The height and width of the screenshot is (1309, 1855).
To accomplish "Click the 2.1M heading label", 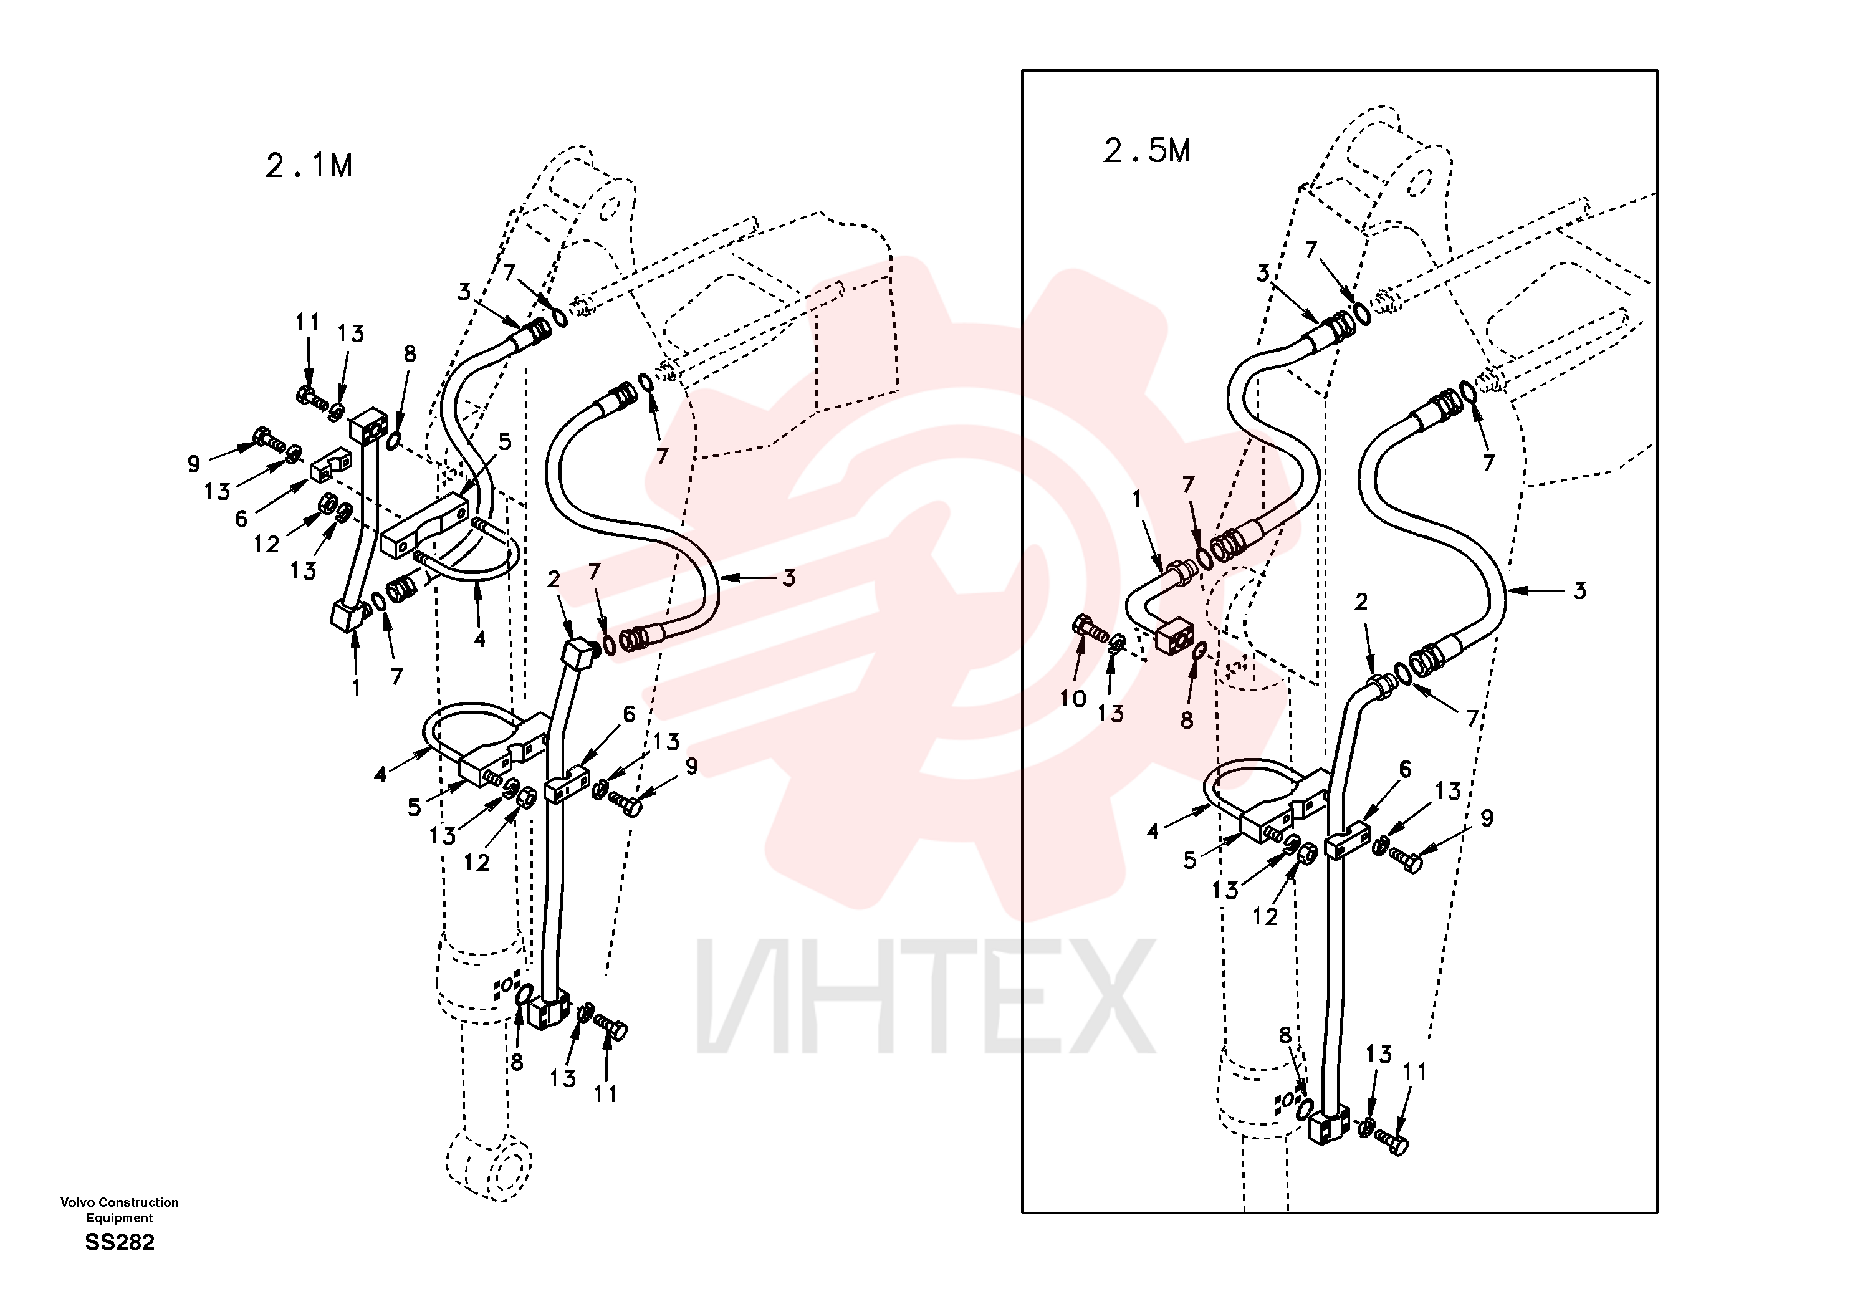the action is click(309, 166).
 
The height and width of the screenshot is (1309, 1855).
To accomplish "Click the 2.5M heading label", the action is click(1146, 150).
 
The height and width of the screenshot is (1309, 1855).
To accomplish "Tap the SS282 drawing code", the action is click(120, 1242).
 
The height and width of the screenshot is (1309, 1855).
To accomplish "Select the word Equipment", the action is click(120, 1218).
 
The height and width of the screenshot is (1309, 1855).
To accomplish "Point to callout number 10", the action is click(1073, 699).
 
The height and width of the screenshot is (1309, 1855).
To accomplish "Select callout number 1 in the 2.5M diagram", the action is click(1136, 499).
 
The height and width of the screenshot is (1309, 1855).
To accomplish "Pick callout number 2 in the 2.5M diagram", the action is click(1361, 602).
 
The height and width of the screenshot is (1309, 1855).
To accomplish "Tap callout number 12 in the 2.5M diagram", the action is click(1265, 916).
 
